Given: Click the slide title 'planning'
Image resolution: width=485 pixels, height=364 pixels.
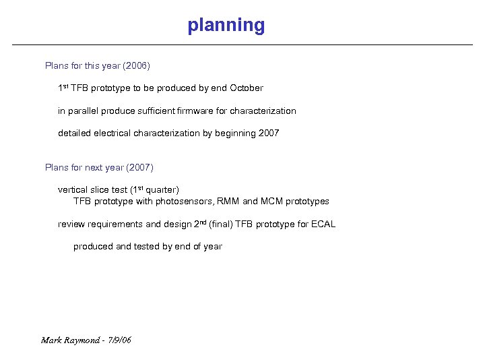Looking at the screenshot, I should click(x=226, y=26).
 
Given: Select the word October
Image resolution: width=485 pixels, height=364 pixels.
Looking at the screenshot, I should click(x=247, y=88).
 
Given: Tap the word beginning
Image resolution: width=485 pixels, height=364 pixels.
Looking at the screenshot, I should click(x=235, y=133).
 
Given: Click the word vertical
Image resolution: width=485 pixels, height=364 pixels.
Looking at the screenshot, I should click(x=73, y=190).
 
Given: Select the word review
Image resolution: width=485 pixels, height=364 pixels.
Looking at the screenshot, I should click(x=72, y=224).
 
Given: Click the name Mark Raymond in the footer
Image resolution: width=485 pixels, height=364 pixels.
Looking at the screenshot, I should click(x=69, y=340).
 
